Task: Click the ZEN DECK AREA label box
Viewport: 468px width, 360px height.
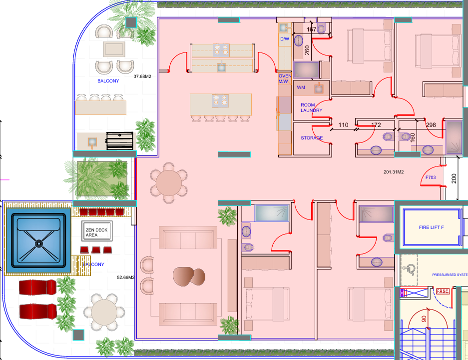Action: (x=97, y=231)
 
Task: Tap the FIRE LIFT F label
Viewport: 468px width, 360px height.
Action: (x=431, y=227)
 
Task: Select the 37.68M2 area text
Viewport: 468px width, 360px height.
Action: (x=142, y=76)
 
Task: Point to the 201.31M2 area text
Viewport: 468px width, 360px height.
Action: (x=394, y=172)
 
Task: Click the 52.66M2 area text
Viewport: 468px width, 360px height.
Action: (x=126, y=277)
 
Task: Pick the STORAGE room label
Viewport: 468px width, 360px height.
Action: (x=312, y=138)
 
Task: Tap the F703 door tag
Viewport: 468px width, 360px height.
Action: (x=431, y=177)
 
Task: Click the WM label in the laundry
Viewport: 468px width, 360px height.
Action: (x=301, y=87)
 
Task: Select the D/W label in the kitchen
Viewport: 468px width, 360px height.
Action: (x=285, y=39)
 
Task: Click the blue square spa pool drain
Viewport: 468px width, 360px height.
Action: (x=39, y=244)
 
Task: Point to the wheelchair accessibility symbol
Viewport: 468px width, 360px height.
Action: (x=409, y=270)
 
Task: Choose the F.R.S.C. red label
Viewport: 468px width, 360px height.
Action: (x=443, y=291)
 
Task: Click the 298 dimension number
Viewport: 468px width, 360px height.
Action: (x=431, y=125)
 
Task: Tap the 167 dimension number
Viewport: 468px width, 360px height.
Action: (x=311, y=29)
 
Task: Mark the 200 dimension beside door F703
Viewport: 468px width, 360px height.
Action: (x=454, y=178)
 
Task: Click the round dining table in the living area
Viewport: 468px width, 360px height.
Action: (x=169, y=182)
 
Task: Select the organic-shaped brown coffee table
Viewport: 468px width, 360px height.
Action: (x=189, y=276)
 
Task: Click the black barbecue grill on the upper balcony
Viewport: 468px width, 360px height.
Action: (x=120, y=141)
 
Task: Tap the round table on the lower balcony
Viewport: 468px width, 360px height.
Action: (x=104, y=312)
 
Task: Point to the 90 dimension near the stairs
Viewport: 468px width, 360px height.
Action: (x=424, y=319)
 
